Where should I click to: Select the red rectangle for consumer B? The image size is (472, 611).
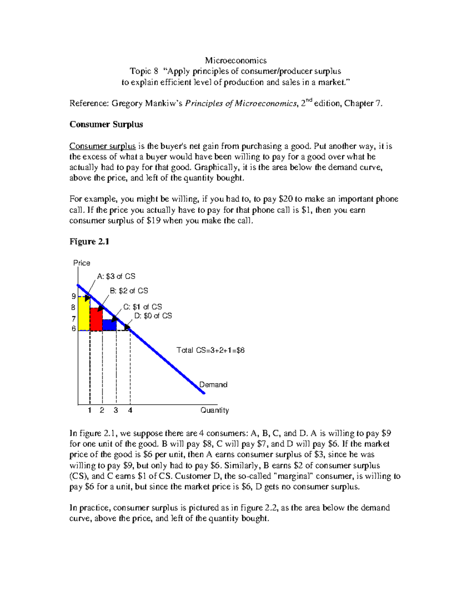96,319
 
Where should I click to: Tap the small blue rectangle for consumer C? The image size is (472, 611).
109,325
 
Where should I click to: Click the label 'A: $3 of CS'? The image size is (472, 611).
116,277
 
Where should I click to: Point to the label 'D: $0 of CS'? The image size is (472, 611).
153,316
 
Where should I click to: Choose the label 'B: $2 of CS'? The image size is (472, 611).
129,291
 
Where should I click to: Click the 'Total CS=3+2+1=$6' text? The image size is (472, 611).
210,350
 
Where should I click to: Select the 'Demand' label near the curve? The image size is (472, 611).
213,385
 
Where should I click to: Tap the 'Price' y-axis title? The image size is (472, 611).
82,263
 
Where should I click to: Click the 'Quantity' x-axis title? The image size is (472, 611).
214,410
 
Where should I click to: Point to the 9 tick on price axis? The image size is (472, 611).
74,297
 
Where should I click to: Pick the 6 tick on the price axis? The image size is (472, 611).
74,329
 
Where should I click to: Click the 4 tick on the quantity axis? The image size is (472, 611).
130,410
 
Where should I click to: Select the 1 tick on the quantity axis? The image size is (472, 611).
90,410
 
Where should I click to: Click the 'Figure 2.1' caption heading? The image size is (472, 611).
89,242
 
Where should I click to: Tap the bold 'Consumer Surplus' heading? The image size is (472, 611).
106,124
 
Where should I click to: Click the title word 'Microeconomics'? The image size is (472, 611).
236,61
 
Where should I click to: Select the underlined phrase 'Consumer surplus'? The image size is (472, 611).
103,146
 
